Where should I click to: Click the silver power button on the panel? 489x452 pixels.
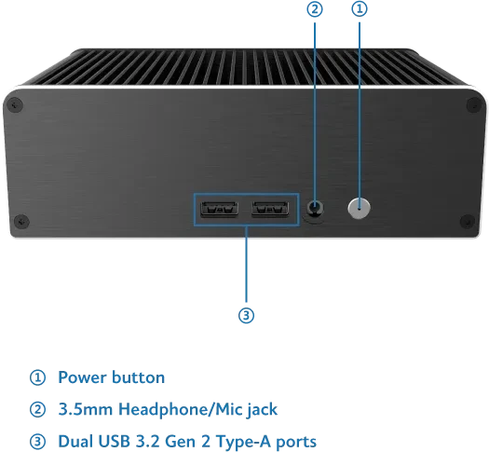pyautogui.click(x=359, y=208)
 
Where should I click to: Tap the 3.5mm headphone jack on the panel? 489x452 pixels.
pyautogui.click(x=315, y=208)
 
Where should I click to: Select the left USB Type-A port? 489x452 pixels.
pyautogui.click(x=220, y=209)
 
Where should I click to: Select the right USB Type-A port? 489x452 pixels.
pyautogui.click(x=270, y=209)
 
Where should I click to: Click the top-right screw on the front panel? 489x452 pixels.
pyautogui.click(x=474, y=104)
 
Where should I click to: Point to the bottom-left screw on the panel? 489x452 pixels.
pyautogui.click(x=21, y=222)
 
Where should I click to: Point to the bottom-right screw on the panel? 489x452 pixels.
pyautogui.click(x=468, y=222)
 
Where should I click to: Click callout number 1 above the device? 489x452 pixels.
pyautogui.click(x=360, y=9)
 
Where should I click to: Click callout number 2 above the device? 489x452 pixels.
pyautogui.click(x=315, y=9)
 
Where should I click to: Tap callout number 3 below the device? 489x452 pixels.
pyautogui.click(x=247, y=315)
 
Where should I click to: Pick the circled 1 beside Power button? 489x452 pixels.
pyautogui.click(x=38, y=377)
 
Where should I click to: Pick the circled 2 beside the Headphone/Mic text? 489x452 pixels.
pyautogui.click(x=38, y=409)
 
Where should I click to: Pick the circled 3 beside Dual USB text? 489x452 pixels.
pyautogui.click(x=38, y=442)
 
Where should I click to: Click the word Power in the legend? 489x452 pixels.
pyautogui.click(x=83, y=377)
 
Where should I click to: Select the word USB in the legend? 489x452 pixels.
pyautogui.click(x=115, y=442)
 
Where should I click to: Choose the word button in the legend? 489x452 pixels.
pyautogui.click(x=138, y=377)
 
